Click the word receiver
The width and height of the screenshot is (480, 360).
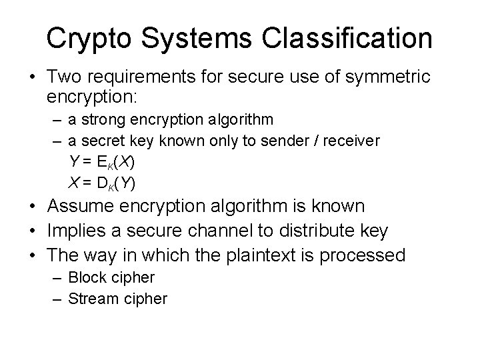click(x=353, y=141)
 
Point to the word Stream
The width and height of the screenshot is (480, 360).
click(x=94, y=298)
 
